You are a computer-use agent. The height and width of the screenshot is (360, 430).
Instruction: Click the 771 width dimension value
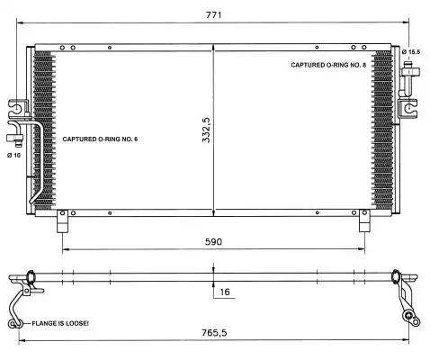point(214,14)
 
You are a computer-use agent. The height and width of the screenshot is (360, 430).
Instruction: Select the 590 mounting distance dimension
point(213,241)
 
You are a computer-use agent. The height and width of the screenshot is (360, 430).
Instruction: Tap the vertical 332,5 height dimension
point(206,130)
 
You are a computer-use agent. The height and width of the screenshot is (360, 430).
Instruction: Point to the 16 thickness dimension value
point(225,292)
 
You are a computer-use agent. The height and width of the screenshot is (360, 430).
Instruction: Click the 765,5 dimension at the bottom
point(214,333)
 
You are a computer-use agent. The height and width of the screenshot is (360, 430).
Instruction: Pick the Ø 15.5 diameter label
point(411,52)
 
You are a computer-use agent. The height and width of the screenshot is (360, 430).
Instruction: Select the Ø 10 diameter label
point(14,155)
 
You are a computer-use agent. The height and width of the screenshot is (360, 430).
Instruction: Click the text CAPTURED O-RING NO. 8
point(328,65)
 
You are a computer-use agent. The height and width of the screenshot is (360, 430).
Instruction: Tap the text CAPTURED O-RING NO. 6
point(100,139)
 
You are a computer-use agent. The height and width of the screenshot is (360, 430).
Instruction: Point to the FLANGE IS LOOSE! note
point(60,323)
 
